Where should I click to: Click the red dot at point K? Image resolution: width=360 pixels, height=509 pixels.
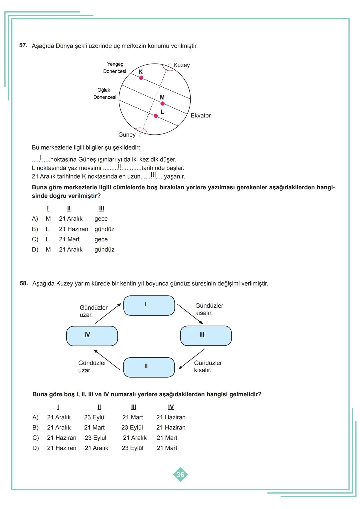tap(141, 78)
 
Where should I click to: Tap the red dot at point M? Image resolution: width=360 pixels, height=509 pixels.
tap(162, 103)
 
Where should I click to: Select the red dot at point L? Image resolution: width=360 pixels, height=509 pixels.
tap(156, 116)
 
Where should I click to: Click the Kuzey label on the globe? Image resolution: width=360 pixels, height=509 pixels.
tap(181, 65)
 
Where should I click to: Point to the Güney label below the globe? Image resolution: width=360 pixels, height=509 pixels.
tap(127, 135)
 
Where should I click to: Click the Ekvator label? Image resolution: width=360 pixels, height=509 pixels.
tap(200, 116)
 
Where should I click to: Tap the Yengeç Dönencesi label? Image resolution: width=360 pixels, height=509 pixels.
tap(115, 68)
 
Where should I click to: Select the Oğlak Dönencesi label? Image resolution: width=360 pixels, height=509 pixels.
tap(105, 94)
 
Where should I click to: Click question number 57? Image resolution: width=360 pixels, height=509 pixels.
tap(23, 45)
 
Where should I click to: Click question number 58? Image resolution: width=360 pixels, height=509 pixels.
tap(24, 283)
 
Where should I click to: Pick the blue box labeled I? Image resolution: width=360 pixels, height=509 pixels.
tap(149, 305)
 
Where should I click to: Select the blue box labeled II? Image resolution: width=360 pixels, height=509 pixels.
tap(149, 367)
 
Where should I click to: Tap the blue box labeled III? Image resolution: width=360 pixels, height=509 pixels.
tap(206, 336)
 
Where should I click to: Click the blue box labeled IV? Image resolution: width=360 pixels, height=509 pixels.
tap(92, 336)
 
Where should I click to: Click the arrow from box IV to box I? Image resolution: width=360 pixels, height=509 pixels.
tap(108, 313)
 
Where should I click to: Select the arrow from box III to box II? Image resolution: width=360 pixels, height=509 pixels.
tap(192, 359)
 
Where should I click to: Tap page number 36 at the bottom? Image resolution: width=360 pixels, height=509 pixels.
tap(180, 475)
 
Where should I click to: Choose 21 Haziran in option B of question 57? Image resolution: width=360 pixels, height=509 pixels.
tap(73, 229)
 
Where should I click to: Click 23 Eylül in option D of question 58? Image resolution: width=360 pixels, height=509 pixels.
tap(132, 448)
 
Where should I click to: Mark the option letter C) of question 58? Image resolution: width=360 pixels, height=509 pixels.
tap(35, 438)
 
